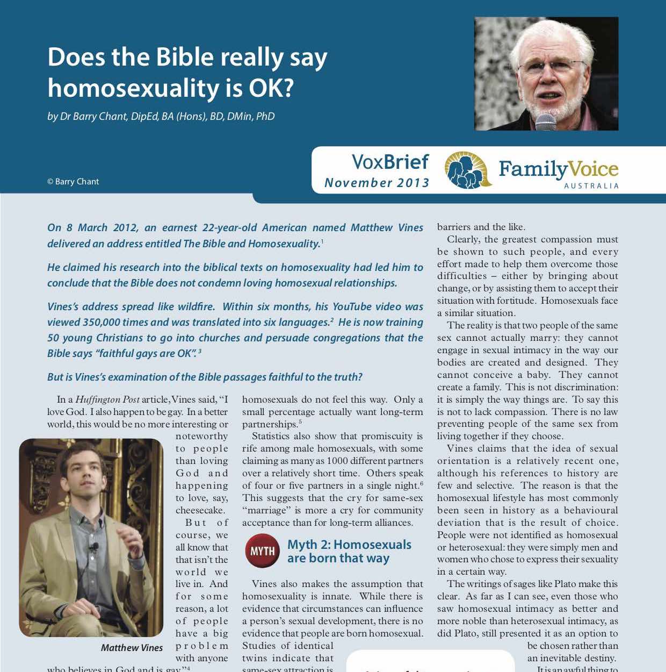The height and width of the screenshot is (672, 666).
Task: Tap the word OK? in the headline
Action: pos(271,88)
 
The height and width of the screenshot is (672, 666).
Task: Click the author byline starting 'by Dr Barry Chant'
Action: pos(161,116)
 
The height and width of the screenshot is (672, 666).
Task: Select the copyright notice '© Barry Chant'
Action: pos(73,182)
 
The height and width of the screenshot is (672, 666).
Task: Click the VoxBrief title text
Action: pos(390,162)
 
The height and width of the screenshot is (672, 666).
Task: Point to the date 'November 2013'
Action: pos(377,183)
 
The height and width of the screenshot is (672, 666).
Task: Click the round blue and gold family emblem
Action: pos(468,170)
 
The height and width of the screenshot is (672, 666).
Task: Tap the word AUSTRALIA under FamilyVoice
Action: pos(591,186)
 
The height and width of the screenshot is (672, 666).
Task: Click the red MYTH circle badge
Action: pos(262,551)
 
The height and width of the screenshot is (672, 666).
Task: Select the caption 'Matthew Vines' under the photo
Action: pos(132,648)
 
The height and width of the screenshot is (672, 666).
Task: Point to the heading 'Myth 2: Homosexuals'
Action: pos(349,545)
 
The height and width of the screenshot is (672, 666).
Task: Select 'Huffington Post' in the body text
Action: pos(107,399)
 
